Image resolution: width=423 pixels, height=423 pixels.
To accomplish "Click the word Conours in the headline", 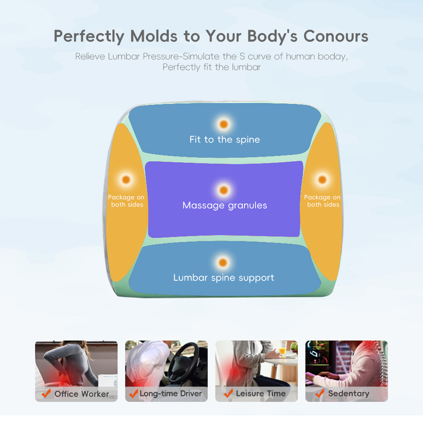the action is point(336,36).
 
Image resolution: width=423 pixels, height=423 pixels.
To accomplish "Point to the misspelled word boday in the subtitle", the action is point(333,56).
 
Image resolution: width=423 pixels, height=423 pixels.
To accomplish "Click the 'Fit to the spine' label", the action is point(225,140).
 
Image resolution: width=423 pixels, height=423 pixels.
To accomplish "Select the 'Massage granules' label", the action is point(225,205).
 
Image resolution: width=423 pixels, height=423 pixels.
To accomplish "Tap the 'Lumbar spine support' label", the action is point(224,278).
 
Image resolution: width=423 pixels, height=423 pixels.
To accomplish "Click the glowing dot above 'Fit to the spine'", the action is point(224,124).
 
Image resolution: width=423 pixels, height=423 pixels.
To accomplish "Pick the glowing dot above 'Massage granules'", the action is point(224,190).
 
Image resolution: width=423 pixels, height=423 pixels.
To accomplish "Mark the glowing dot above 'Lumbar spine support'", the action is point(223,263).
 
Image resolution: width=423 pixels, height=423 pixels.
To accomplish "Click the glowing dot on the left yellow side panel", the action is point(126,180).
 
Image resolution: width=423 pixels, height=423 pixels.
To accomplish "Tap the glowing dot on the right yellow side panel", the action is point(322,180).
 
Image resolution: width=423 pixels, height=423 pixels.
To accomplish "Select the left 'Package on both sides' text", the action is point(126,201).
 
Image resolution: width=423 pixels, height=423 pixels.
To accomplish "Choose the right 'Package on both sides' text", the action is point(323,201).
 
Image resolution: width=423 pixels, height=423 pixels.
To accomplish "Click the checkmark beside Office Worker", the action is point(46,393).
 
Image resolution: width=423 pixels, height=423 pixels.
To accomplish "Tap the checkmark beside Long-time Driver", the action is point(134,393).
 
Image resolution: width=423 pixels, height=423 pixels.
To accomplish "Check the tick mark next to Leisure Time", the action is point(228,393).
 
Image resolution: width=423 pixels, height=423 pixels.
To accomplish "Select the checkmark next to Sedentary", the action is point(320,393).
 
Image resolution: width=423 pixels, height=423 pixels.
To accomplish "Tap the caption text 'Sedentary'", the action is point(349,393).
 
